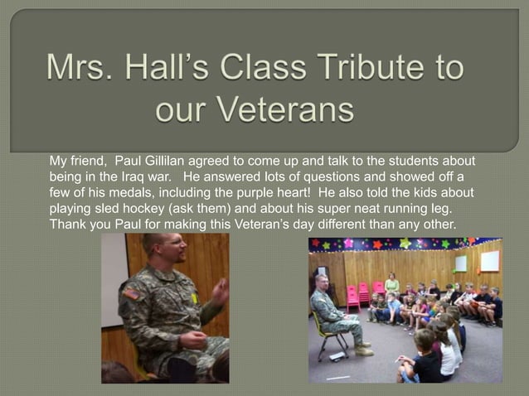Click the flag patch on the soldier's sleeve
131,293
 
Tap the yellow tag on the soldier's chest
195,297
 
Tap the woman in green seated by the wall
391,285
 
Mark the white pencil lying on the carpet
337,377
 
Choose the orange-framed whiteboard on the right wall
490,261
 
